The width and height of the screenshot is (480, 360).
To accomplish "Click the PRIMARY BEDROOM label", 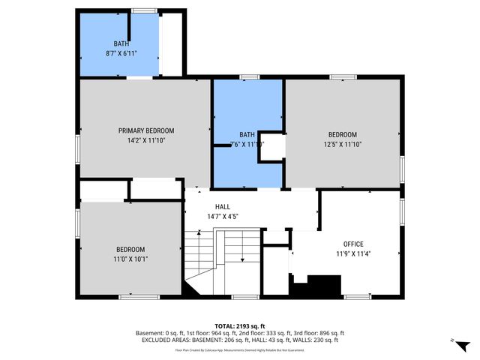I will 146,130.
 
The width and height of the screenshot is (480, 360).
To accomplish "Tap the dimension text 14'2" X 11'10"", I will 146,139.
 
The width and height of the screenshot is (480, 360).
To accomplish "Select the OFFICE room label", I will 353,244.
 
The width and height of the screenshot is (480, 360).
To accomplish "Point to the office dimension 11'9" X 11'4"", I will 353,253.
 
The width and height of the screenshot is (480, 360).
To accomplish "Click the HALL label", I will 223,207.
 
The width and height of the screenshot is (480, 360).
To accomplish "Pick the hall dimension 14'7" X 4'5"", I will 223,217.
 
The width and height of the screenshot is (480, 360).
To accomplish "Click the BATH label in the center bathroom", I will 247,133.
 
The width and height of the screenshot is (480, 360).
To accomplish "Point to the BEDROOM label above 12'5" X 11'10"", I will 342,134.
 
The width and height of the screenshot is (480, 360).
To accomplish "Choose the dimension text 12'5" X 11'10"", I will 342,144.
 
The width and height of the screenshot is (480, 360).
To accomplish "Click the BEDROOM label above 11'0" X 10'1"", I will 130,250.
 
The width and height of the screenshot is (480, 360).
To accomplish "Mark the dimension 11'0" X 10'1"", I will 130,259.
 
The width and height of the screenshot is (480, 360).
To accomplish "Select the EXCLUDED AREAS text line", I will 239,340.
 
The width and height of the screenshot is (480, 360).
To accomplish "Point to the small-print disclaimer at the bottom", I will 239,349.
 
